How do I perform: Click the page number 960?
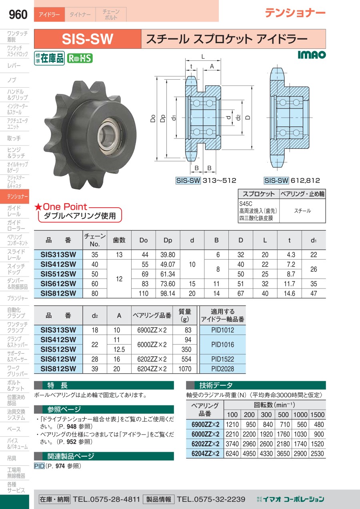click(18, 14)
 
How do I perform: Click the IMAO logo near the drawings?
click(312, 55)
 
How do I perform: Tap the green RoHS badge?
click(80, 58)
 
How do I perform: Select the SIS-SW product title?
click(88, 39)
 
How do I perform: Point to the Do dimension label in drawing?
click(153, 119)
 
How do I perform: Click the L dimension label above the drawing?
click(203, 56)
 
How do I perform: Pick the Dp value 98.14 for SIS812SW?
click(168, 293)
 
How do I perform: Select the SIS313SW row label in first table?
click(58, 254)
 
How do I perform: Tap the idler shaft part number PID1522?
click(222, 359)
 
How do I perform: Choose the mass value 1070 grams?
click(184, 369)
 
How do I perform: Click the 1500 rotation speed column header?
click(317, 415)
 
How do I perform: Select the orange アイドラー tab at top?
click(49, 15)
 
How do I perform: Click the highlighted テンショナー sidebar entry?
click(15, 196)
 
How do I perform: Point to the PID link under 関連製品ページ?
click(39, 466)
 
